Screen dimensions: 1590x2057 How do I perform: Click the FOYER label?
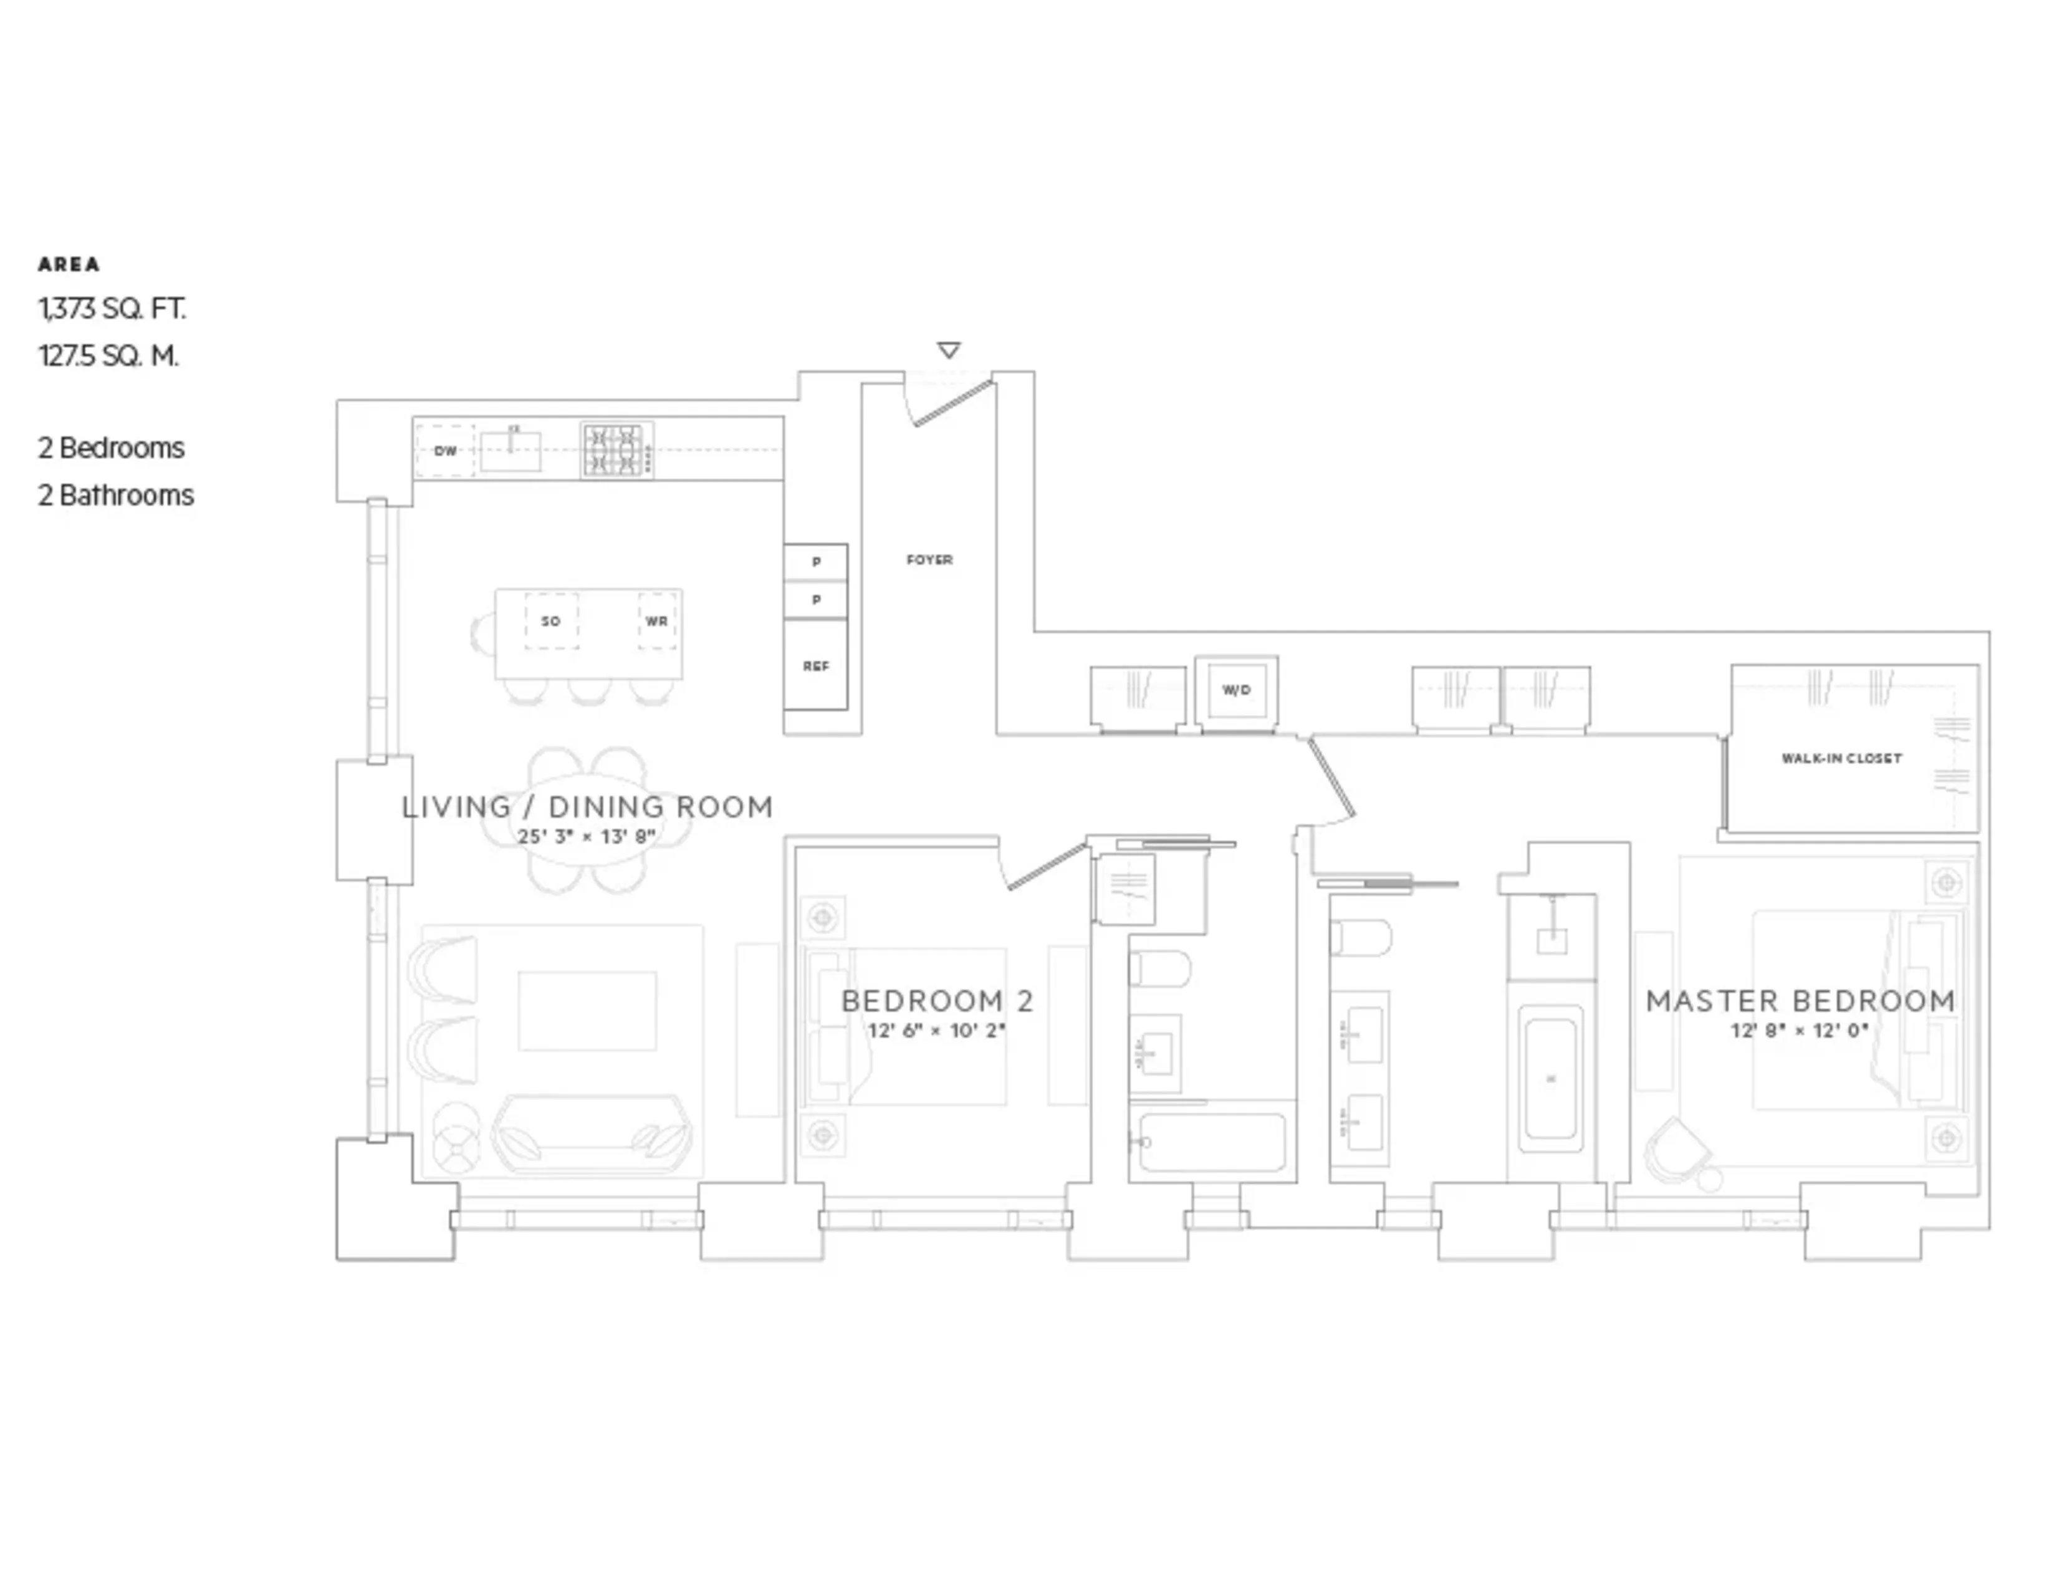[929, 559]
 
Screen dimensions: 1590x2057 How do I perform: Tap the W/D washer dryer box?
[1235, 690]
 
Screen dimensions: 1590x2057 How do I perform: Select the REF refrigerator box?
[816, 665]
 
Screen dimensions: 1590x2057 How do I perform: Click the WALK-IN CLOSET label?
[1841, 758]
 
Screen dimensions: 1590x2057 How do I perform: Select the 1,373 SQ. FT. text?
[112, 309]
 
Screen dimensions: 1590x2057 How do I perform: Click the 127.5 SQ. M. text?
[108, 356]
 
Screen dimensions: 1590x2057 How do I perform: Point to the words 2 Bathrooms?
[116, 496]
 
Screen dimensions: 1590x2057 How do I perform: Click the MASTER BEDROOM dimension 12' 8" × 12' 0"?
[1799, 1031]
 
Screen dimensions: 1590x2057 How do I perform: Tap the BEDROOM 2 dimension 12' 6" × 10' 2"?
[936, 1031]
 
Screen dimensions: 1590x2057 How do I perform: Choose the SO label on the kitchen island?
[551, 622]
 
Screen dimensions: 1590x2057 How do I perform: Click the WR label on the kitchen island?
[656, 622]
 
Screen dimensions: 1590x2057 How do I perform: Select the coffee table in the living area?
[587, 1011]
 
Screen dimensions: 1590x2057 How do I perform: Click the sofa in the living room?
[592, 1134]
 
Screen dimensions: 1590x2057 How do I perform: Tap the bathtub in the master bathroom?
[1550, 1079]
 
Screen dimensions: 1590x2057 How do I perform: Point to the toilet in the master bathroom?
[1360, 937]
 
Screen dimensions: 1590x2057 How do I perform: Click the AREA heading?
[69, 264]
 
